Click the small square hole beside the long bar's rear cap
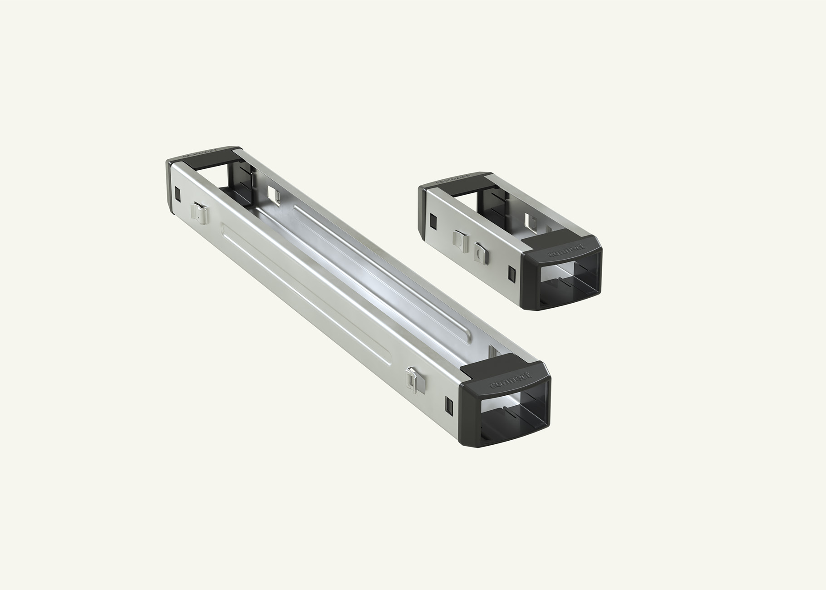coord(177,193)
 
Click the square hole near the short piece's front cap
coord(512,272)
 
